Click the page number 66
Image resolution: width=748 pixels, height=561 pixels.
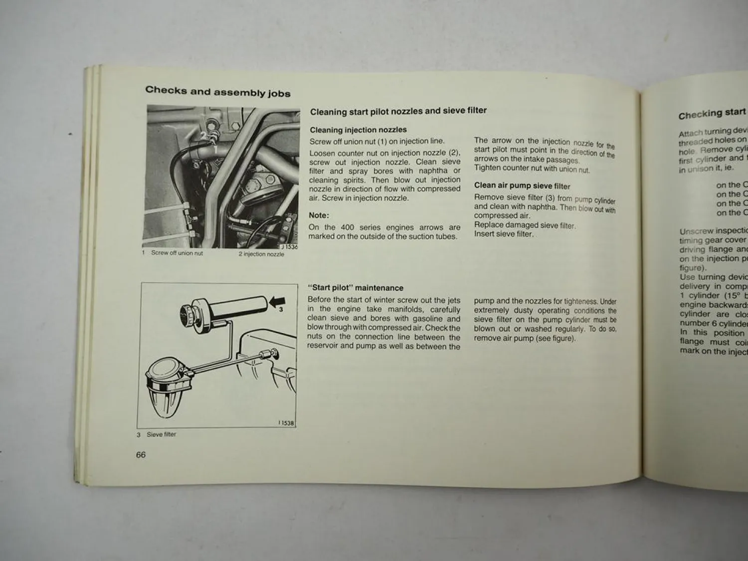coord(141,455)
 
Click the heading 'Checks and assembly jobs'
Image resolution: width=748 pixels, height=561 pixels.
coord(217,92)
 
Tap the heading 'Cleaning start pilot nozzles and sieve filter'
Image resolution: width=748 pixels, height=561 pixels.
coord(398,111)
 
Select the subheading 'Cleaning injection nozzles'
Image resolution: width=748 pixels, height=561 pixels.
coord(358,130)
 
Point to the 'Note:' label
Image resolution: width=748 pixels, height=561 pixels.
coord(319,215)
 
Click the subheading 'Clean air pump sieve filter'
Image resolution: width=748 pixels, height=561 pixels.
coord(522,186)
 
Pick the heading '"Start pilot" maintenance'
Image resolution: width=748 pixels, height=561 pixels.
coord(356,288)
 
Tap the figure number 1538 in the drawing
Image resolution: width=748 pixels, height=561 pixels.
coord(286,423)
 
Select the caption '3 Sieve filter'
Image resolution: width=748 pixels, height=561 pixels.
coord(157,434)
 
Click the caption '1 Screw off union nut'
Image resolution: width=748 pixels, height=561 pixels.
coord(173,253)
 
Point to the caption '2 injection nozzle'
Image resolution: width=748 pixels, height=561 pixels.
coord(261,254)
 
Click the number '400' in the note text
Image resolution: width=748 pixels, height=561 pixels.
coord(348,227)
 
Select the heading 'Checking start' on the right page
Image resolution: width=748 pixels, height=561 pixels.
coord(712,114)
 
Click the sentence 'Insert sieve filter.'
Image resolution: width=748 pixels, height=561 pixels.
coord(503,234)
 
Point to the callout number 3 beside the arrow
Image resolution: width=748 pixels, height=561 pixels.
coord(281,310)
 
